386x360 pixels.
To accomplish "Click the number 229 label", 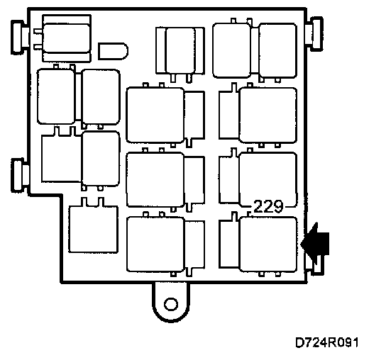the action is pos(268,206).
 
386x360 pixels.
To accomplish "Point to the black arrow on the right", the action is pos(315,244).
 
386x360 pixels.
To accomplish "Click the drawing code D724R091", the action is pos(327,342).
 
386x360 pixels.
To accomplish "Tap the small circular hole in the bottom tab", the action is pos(171,304).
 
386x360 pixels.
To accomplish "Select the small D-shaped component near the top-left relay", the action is pos(113,51).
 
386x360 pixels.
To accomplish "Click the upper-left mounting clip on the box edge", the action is pos(20,38).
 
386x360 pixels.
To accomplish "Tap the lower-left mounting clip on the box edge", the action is pos(20,175).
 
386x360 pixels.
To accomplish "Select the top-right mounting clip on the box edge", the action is pos(314,34).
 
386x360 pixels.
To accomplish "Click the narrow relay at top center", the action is pos(180,53).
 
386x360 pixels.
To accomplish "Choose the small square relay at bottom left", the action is pos(93,226).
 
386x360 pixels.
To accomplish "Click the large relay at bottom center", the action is pos(165,244).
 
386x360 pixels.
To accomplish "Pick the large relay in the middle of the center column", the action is pos(165,180).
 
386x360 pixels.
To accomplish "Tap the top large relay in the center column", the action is pos(165,115).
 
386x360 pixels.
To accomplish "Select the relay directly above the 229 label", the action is pos(258,179).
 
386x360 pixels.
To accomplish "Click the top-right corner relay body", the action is pos(277,50).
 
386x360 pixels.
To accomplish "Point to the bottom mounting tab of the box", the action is pos(171,302).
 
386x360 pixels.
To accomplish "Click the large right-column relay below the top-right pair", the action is pos(258,114).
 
